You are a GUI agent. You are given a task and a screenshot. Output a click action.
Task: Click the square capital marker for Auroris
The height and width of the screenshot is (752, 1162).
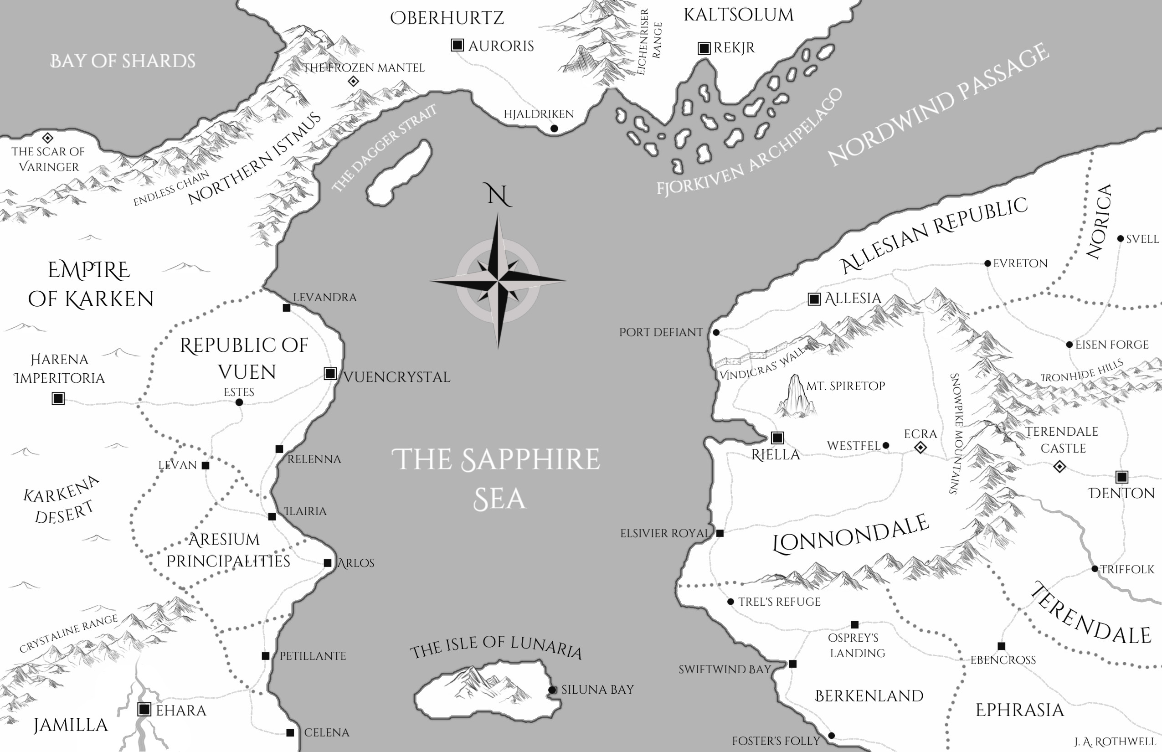coord(457,46)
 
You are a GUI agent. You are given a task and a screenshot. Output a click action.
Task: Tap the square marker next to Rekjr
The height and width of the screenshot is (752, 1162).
coord(704,48)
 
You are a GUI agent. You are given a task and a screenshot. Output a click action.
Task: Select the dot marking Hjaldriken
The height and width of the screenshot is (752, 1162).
coord(554,129)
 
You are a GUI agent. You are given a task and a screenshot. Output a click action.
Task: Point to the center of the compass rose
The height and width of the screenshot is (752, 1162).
coord(498,281)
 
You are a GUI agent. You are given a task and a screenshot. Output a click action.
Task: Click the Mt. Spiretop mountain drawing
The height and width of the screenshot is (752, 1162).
coord(796,397)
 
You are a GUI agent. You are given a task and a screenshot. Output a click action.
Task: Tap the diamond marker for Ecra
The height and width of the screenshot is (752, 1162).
coord(920,447)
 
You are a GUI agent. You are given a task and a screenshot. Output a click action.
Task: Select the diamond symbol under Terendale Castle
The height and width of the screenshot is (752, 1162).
coord(1059,467)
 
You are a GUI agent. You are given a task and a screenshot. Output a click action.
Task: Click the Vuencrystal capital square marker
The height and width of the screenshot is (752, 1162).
coord(330,374)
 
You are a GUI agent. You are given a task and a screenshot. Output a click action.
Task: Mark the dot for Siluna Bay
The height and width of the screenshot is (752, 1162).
coord(552,690)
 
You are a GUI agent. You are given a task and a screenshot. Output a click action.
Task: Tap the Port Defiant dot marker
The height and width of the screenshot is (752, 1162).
coord(716,333)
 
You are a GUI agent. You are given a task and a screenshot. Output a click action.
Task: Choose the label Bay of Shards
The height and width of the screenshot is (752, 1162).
coord(123,61)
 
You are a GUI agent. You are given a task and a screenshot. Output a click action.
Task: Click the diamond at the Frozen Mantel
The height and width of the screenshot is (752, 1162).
coord(353,81)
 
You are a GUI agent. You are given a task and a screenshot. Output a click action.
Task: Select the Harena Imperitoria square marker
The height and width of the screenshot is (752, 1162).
coord(58,398)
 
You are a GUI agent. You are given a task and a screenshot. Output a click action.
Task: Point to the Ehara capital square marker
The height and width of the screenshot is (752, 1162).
coord(144,709)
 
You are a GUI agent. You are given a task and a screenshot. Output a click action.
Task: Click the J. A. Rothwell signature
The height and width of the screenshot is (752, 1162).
coord(1114,742)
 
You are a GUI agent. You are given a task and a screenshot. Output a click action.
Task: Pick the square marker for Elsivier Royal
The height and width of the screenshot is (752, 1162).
coord(720,533)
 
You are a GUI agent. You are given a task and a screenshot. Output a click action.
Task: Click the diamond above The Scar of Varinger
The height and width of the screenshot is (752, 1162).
coord(47,138)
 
